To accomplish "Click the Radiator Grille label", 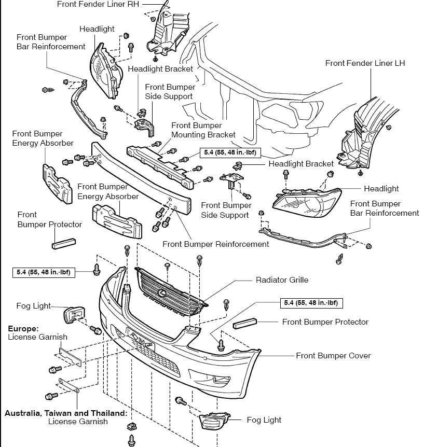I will (x=282, y=280).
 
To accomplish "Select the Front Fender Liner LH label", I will (x=365, y=63).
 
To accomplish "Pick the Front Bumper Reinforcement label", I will (x=216, y=244).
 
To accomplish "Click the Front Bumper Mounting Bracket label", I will (x=203, y=130).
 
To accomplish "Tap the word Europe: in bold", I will (x=23, y=329).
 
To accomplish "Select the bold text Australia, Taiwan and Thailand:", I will (x=66, y=413).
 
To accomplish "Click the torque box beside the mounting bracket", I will (x=230, y=152).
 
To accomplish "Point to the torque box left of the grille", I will (x=43, y=272).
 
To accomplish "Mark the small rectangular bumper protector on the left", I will (x=64, y=242).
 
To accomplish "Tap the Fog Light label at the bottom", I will (x=264, y=420).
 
